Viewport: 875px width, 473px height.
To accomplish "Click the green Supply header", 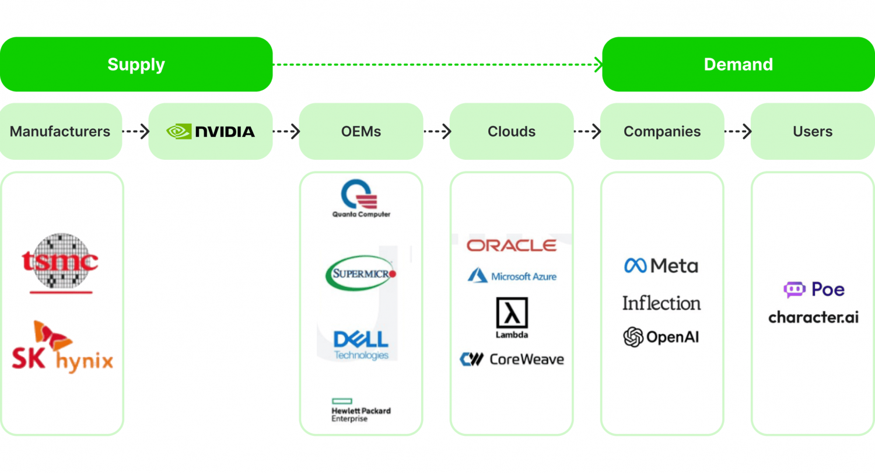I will (136, 64).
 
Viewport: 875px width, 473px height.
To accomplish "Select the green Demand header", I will (738, 64).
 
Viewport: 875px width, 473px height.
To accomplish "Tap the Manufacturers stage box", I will (60, 131).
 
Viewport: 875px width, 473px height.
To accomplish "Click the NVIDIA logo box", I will (211, 131).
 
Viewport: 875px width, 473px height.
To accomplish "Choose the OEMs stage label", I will (361, 131).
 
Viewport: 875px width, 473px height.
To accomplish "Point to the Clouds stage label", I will (512, 131).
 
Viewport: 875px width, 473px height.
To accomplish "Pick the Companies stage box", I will (662, 131).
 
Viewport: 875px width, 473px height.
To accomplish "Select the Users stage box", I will (813, 131).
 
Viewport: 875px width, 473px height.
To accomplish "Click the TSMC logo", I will (61, 262).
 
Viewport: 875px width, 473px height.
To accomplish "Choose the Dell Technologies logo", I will (361, 345).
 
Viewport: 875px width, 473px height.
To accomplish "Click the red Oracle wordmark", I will (512, 246).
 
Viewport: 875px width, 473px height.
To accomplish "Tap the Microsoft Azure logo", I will (512, 276).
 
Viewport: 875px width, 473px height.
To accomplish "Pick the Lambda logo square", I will (512, 313).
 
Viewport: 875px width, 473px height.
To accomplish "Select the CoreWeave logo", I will (512, 359).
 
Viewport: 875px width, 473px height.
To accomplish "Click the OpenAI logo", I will (661, 337).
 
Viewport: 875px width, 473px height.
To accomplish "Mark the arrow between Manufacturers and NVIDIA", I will (135, 131).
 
